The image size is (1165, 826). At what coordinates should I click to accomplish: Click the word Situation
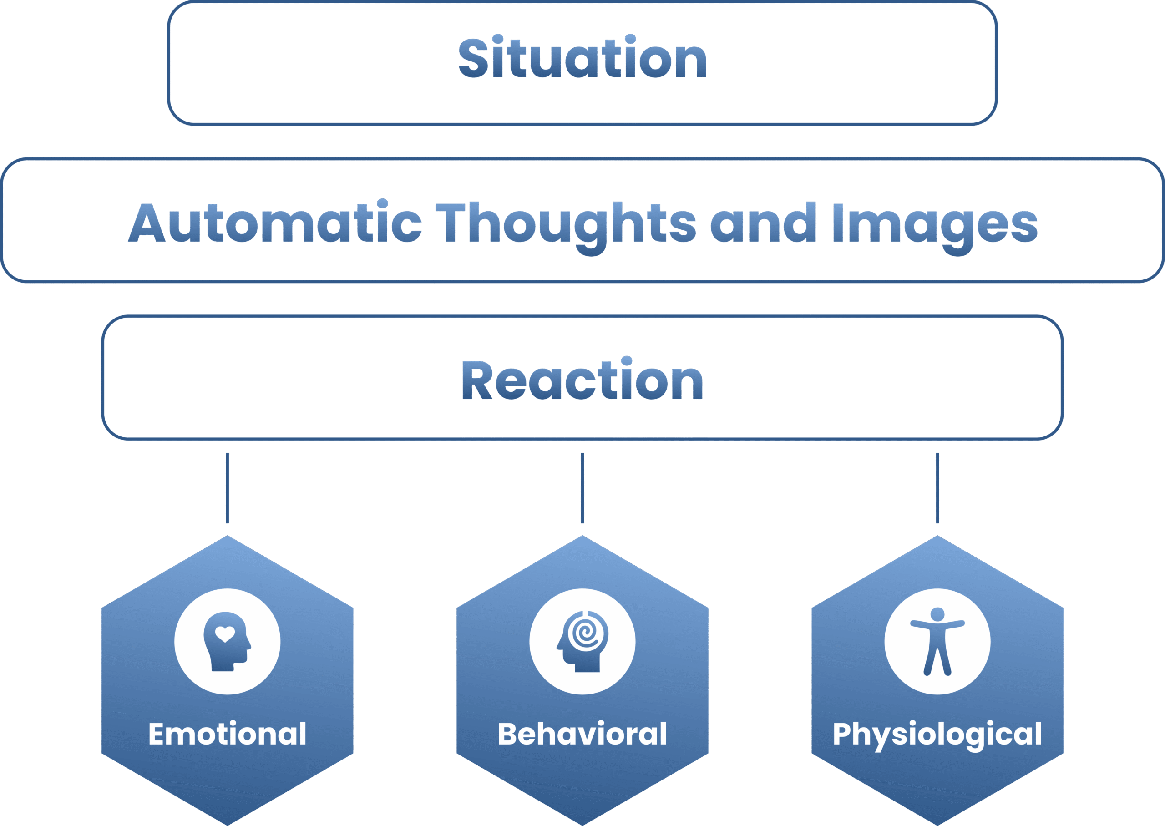(x=582, y=56)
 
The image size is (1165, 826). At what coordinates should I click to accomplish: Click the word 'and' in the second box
(x=763, y=222)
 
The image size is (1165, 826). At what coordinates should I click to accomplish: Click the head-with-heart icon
(x=227, y=641)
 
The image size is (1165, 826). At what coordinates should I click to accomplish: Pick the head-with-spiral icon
(x=582, y=641)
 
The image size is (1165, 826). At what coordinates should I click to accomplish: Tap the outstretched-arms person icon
(x=937, y=641)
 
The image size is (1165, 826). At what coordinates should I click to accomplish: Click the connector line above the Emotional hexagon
(x=227, y=488)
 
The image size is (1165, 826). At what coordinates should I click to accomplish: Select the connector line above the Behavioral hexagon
(x=582, y=488)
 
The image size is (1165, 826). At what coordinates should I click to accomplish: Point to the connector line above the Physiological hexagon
(x=937, y=488)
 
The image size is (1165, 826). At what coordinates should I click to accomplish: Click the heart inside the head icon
(x=225, y=634)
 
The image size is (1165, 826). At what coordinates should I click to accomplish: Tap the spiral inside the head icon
(x=586, y=633)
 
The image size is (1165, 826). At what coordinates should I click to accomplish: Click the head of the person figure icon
(x=937, y=614)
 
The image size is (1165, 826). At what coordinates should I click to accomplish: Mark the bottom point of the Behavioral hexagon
(x=582, y=825)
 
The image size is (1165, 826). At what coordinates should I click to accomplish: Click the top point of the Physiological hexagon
(x=937, y=536)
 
